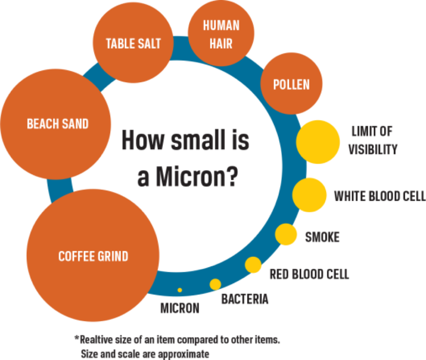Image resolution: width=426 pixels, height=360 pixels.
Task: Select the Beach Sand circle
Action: pos(56,124)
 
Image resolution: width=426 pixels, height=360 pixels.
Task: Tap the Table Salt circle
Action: pos(133,44)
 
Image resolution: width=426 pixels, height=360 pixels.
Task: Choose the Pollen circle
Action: pos(291,84)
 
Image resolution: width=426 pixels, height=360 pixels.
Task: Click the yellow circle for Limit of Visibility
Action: pos(318,142)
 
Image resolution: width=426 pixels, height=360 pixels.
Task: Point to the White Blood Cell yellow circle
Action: pos(310,195)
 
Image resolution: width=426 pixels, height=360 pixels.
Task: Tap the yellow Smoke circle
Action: pos(286,234)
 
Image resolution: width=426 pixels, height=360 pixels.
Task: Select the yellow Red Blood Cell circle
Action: pos(253,265)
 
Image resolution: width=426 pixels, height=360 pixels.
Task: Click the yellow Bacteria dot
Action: pos(215,284)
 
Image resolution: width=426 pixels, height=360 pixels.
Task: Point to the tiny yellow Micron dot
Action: pos(179,290)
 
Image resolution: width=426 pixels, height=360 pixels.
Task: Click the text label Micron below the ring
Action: pos(179,308)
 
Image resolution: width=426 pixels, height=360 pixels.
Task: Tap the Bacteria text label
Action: pos(245,299)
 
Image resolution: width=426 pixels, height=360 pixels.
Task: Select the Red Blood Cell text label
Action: pos(309,274)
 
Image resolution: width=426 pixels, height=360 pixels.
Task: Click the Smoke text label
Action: pos(322,238)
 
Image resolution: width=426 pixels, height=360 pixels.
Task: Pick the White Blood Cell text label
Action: pos(379,196)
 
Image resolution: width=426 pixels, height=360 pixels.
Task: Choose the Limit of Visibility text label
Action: pos(372,140)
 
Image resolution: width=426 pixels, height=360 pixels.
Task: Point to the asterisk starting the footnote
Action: pos(76,338)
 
